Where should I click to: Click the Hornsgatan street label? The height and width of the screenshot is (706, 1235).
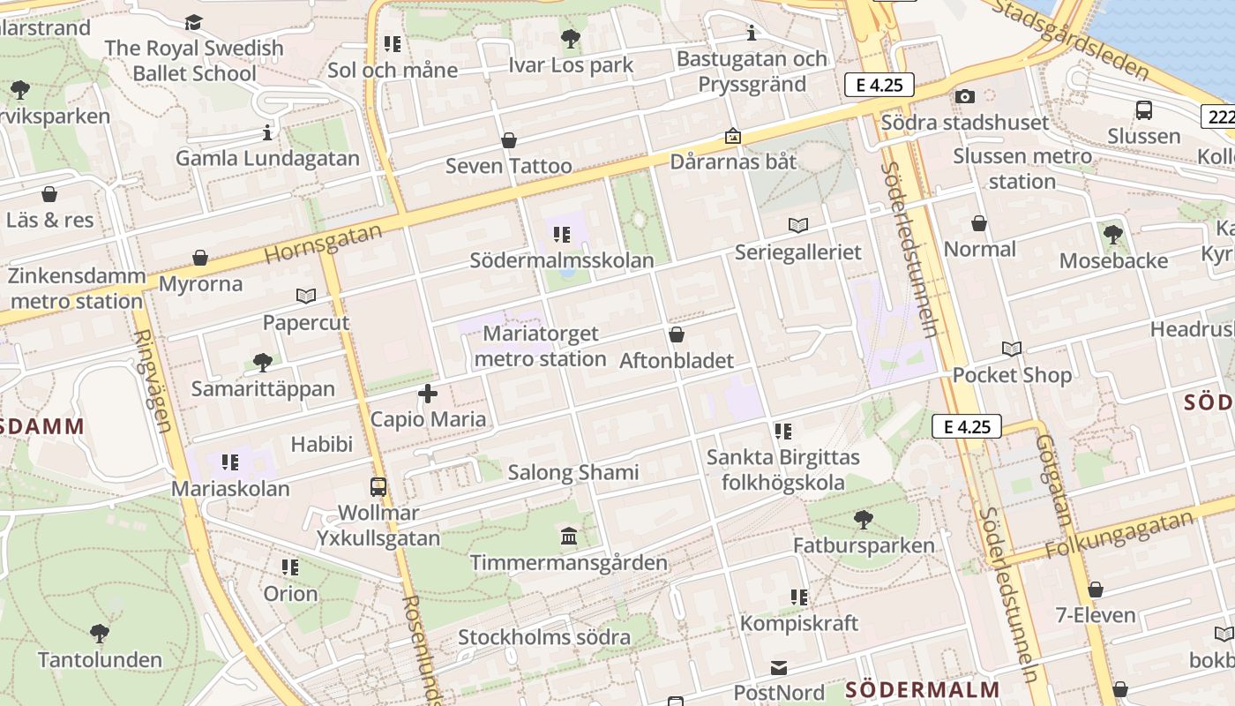tap(323, 244)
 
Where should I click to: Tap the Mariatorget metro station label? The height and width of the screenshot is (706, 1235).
tap(541, 347)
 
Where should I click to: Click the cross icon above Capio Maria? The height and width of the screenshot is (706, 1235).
tap(428, 394)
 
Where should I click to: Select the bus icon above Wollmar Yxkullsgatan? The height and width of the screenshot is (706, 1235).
tap(378, 486)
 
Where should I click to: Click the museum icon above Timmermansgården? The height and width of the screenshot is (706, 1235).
tap(569, 537)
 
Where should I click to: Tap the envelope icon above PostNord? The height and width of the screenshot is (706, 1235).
tap(779, 668)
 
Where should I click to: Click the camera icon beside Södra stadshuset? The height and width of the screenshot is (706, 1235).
tap(965, 96)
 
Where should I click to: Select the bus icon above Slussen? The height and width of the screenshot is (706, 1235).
tap(1144, 110)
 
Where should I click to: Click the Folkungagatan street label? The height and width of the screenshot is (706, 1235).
tap(1119, 535)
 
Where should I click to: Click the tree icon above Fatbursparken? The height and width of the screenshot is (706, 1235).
tap(864, 520)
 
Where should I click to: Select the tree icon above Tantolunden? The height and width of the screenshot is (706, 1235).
tap(99, 633)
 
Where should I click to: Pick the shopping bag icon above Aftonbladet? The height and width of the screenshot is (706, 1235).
tap(677, 334)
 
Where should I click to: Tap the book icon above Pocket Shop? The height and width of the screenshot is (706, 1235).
tap(1012, 349)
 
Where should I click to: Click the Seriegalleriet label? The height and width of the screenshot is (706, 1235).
tap(797, 252)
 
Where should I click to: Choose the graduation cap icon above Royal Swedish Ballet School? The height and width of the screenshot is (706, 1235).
tap(194, 22)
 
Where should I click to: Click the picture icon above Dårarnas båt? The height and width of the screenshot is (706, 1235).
tap(733, 136)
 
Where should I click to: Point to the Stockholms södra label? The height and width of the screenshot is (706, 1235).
tap(543, 637)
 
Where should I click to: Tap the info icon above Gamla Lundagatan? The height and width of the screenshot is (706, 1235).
tap(267, 132)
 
